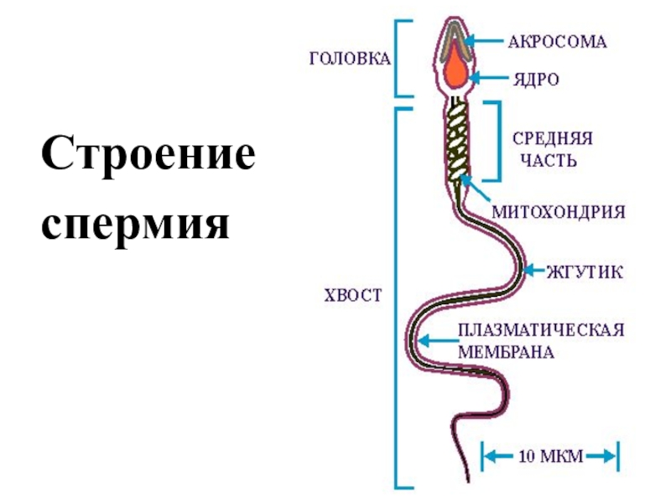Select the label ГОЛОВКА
tap(350, 59)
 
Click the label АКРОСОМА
tap(558, 42)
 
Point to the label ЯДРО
tap(536, 80)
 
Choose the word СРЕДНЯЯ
tap(553, 138)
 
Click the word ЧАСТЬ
tap(549, 161)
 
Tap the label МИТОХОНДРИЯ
tap(559, 212)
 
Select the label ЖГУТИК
tap(585, 272)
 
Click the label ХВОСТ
tap(352, 296)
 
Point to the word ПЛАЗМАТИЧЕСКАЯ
tap(541, 330)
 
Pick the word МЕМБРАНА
tap(506, 352)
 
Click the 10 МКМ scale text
tap(551, 456)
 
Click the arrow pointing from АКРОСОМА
tap(485, 41)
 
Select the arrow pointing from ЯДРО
tap(488, 78)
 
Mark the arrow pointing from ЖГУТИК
tap(533, 271)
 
